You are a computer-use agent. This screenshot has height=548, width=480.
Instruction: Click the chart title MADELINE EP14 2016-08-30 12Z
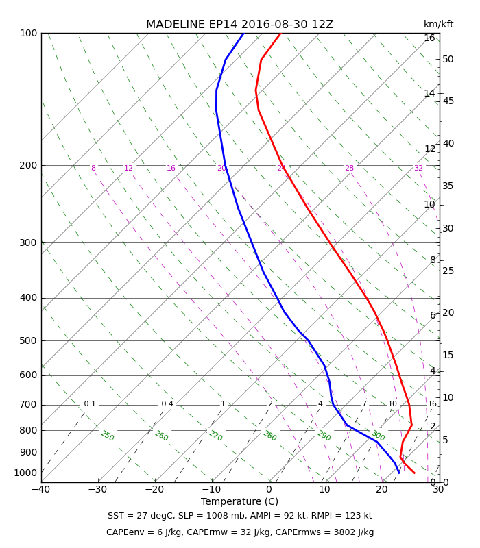point(239,25)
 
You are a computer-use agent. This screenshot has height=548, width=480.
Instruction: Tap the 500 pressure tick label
point(28,340)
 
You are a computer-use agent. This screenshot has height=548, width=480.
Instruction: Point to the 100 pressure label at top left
point(28,34)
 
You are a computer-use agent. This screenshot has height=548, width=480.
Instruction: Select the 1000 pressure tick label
point(25,473)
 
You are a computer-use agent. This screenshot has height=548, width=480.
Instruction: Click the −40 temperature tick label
point(41,490)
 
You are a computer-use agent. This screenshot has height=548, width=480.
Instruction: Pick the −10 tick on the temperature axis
point(212,490)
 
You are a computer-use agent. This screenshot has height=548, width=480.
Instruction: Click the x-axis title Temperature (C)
point(239,502)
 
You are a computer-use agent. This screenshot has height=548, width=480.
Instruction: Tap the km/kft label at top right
point(438,25)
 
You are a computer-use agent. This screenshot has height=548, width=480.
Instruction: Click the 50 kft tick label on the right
point(448,60)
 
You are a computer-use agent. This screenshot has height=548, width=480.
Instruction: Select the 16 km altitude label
point(429,38)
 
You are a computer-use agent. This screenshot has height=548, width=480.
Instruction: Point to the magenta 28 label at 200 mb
point(349,168)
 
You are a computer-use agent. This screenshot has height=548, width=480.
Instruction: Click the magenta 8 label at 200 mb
point(93,168)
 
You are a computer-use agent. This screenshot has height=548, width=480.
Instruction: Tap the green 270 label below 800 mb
point(215,436)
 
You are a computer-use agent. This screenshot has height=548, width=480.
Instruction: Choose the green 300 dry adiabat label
point(378,436)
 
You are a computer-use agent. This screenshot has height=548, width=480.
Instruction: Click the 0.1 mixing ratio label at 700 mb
point(90,404)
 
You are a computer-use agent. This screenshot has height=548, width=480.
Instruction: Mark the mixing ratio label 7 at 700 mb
point(364,404)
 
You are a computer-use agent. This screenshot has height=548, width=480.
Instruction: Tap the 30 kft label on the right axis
point(448,229)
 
